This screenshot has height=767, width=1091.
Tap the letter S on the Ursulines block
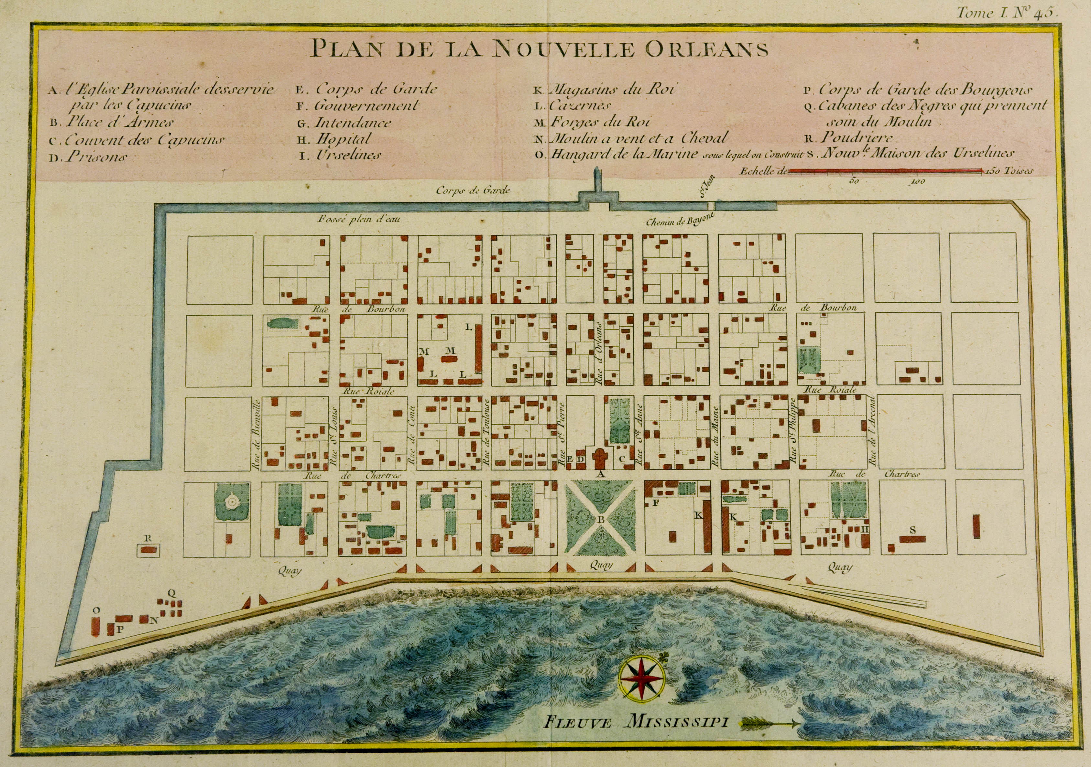pos(912,530)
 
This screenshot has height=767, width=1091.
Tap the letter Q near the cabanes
pos(172,593)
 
